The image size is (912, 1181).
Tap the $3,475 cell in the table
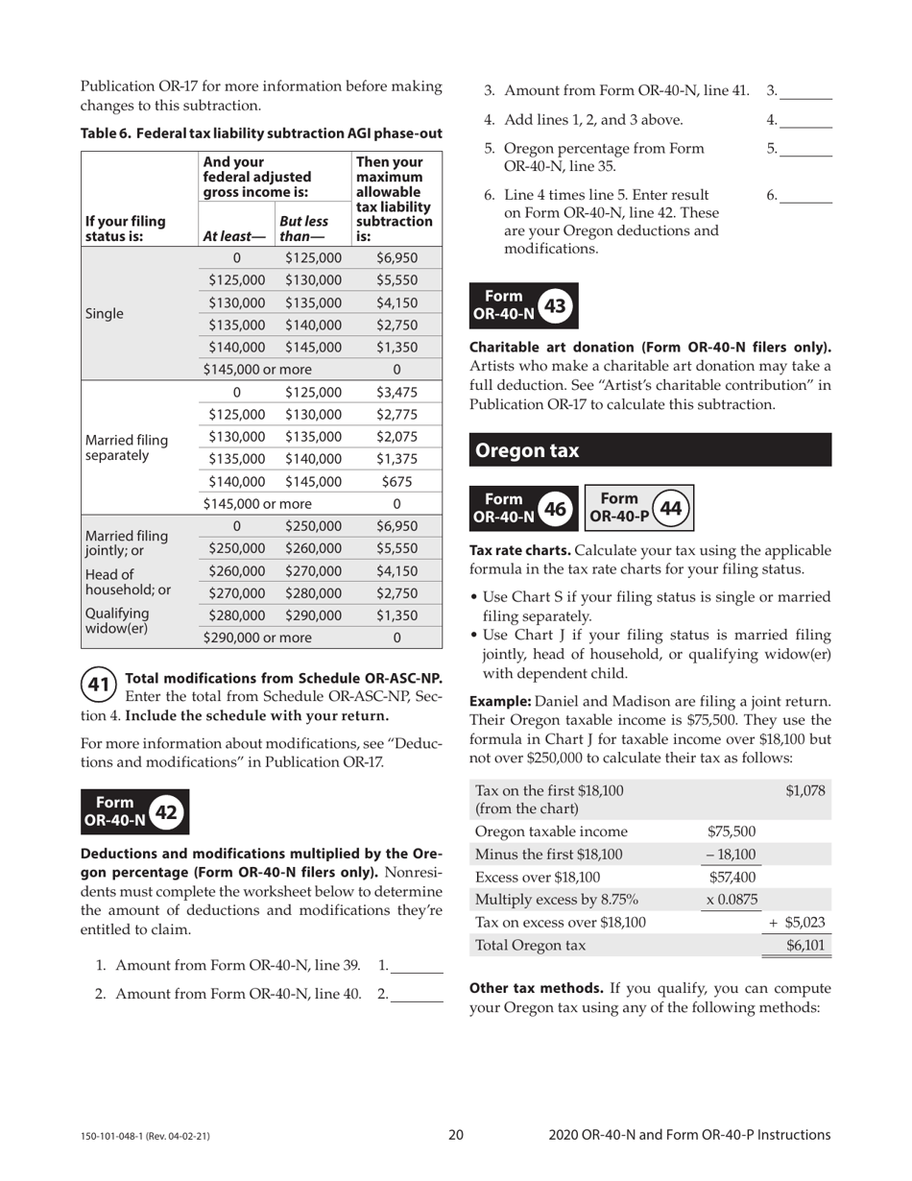pyautogui.click(x=396, y=393)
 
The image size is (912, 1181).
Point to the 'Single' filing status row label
pyautogui.click(x=105, y=314)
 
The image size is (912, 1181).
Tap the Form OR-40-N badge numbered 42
pyautogui.click(x=135, y=812)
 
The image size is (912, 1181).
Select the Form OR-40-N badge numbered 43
pyautogui.click(x=523, y=306)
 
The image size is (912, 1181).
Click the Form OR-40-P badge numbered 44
pyautogui.click(x=638, y=507)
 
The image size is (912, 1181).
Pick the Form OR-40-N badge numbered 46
pyautogui.click(x=523, y=507)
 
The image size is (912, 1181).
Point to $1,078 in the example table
pyautogui.click(x=804, y=790)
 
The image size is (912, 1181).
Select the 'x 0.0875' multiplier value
pyautogui.click(x=731, y=900)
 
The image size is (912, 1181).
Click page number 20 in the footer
pyautogui.click(x=456, y=1135)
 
